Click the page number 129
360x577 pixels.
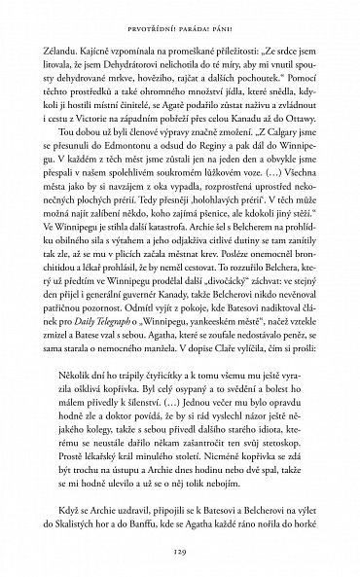[180, 549]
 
